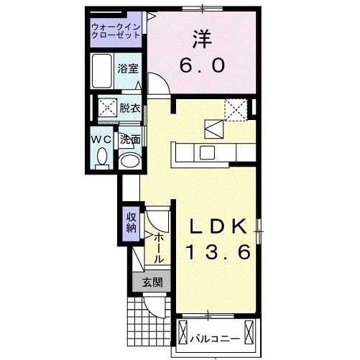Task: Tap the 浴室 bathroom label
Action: click(x=129, y=70)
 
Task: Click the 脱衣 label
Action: click(x=129, y=109)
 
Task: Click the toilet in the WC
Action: click(x=101, y=157)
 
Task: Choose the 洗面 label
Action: click(x=129, y=139)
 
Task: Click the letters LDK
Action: click(x=219, y=226)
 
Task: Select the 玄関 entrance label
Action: click(x=152, y=282)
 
